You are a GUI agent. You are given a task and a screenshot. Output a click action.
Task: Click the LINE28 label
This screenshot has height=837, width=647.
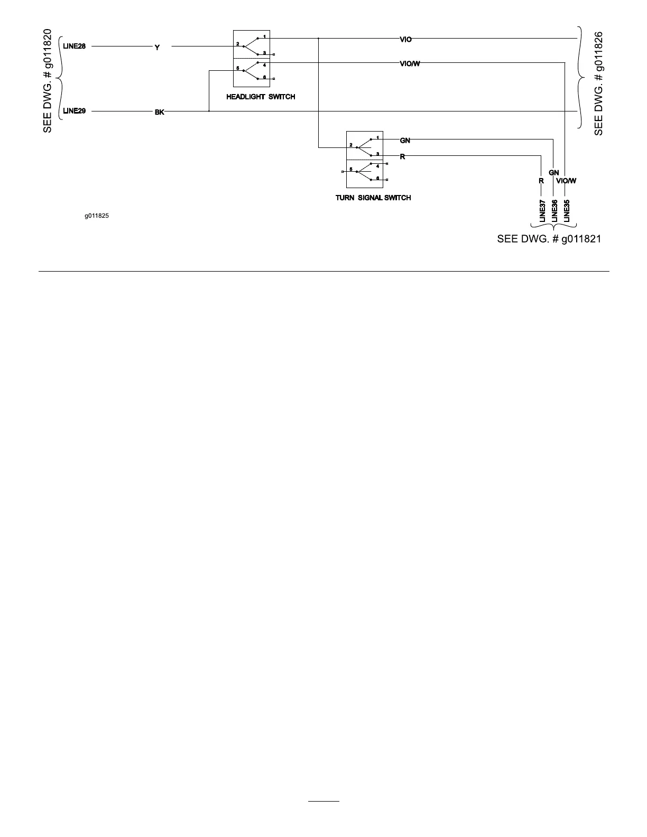74,46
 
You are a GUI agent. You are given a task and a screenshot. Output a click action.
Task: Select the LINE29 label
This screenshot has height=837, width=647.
74,111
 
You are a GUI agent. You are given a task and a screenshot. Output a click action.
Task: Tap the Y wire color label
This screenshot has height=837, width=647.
157,48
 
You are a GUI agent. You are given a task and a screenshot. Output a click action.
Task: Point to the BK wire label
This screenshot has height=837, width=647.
159,112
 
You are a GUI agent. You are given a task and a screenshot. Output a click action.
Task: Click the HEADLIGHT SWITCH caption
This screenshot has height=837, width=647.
261,97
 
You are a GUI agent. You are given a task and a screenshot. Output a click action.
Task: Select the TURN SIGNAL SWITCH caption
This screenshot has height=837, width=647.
373,198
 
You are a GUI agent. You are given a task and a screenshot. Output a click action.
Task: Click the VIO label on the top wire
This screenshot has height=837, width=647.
405,39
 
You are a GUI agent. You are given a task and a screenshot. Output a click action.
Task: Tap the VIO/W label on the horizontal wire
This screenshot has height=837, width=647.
410,64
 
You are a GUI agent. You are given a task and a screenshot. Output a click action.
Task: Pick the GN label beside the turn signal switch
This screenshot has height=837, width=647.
405,141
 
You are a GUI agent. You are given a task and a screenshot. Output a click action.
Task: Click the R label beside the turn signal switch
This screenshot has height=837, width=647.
402,157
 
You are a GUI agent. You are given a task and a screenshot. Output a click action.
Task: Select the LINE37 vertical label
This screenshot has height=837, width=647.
542,210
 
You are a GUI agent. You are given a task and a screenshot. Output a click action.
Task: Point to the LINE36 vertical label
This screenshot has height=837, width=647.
554,210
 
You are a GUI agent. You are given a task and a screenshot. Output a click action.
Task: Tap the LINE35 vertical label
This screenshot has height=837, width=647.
567,210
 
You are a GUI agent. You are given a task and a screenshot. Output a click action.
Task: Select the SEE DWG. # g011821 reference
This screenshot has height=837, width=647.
549,239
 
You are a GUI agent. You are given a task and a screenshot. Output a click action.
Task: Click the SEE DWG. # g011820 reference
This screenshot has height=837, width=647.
48,81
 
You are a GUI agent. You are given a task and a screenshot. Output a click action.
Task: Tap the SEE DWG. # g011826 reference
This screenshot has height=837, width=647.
598,83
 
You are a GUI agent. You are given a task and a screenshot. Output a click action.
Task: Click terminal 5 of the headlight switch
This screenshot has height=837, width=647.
238,69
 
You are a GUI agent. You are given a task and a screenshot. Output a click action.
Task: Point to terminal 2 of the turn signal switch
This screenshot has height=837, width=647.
351,145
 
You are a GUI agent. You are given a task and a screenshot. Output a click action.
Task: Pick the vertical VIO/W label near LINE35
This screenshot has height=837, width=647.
566,181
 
